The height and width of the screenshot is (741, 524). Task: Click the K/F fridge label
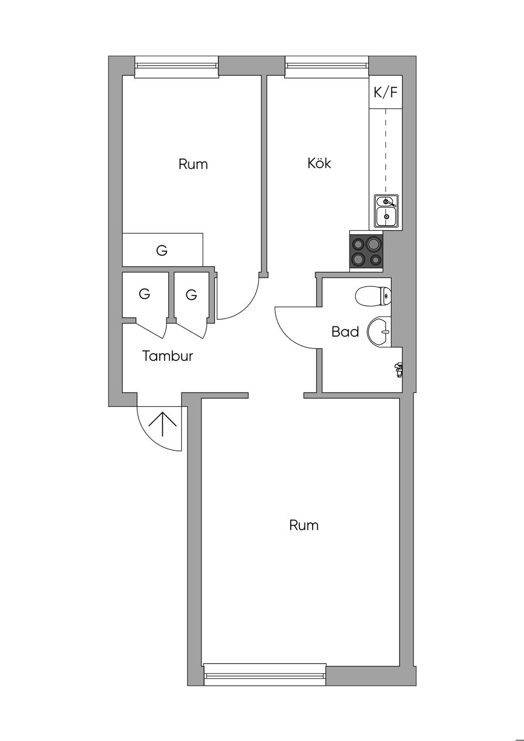pos(385,93)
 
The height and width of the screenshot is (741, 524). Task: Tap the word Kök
pos(319,163)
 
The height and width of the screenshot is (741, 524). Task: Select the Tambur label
pos(168,356)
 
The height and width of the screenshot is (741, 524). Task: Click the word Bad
pos(345,332)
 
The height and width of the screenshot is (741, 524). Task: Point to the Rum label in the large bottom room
pos(303,525)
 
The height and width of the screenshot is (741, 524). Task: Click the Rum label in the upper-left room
pos(193,164)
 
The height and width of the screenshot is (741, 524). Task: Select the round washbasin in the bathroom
pos(379,332)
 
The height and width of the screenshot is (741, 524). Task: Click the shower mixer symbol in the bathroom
pos(398,369)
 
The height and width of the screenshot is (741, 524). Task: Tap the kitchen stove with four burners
pos(366,251)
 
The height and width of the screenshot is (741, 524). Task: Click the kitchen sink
pos(386,211)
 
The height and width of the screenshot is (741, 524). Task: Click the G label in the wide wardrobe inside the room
pos(162,250)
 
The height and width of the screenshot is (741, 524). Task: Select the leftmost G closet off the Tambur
pos(145,295)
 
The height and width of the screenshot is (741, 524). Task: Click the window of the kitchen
pos(327,67)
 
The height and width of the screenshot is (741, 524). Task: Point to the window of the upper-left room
pos(177,67)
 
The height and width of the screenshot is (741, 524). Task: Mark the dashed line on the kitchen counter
pos(386,151)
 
